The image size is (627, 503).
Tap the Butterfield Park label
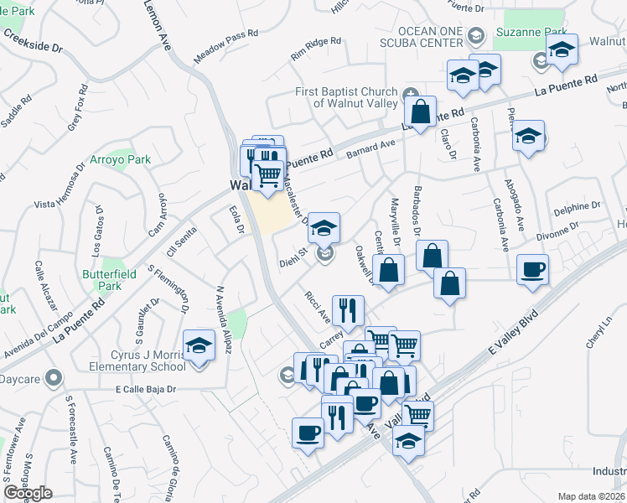click(x=101, y=279)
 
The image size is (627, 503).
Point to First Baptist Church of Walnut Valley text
click(x=350, y=97)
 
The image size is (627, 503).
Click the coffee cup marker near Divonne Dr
click(x=533, y=270)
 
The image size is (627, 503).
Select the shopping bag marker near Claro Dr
click(x=420, y=111)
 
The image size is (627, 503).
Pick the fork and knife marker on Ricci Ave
click(x=347, y=309)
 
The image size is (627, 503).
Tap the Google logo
click(x=28, y=493)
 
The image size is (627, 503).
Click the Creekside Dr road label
click(x=34, y=41)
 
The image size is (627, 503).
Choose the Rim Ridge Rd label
click(x=316, y=49)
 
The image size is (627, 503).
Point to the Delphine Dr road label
click(x=577, y=205)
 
